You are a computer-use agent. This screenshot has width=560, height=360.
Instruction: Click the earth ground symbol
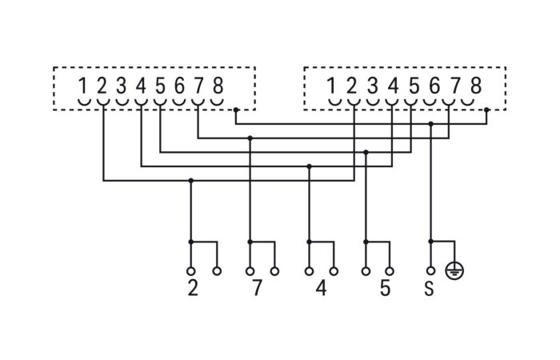pyautogui.click(x=454, y=271)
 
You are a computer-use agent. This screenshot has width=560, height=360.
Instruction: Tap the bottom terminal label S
pyautogui.click(x=429, y=288)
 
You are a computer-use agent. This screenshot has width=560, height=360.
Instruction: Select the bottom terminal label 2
pyautogui.click(x=193, y=288)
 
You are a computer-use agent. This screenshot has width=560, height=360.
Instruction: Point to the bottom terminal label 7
pyautogui.click(x=257, y=288)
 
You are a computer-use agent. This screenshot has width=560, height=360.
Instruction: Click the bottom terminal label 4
pyautogui.click(x=321, y=288)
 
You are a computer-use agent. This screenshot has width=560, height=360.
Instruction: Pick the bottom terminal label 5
pyautogui.click(x=385, y=288)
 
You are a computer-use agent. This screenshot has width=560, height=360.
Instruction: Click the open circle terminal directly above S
pyautogui.click(x=431, y=271)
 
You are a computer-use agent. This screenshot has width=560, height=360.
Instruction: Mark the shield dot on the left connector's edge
pyautogui.click(x=236, y=110)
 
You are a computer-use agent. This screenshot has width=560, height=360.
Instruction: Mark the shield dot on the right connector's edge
pyautogui.click(x=486, y=110)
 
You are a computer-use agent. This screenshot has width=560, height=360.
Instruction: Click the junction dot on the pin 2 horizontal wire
pyautogui.click(x=190, y=181)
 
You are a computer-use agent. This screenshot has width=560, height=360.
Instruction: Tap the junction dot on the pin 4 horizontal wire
pyautogui.click(x=310, y=166)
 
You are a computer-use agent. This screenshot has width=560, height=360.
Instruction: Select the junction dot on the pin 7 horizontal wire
pyautogui.click(x=250, y=138)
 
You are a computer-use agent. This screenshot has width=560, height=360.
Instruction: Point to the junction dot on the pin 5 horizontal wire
pyautogui.click(x=366, y=152)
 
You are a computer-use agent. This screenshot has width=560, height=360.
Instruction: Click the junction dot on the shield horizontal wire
pyautogui.click(x=431, y=124)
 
